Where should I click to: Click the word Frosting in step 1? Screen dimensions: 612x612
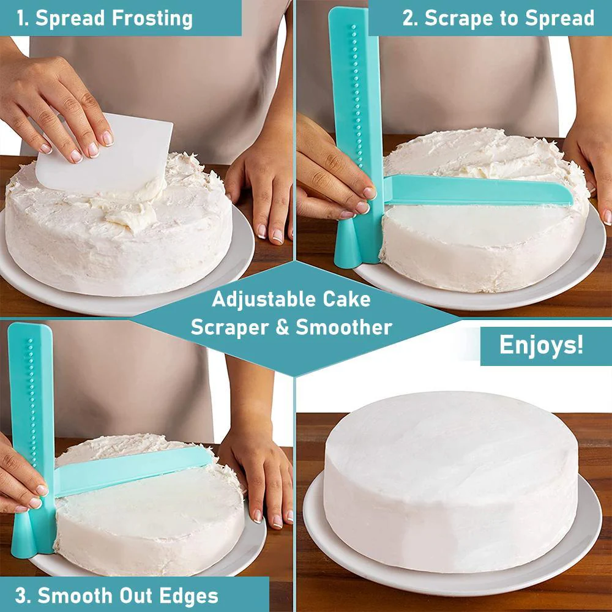coord(152,18)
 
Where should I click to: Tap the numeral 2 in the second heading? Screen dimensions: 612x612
coord(408,18)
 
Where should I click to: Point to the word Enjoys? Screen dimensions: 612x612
coord(541,345)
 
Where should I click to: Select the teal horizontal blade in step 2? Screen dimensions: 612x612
coord(477,191)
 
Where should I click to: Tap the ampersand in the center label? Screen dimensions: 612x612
coord(282,327)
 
